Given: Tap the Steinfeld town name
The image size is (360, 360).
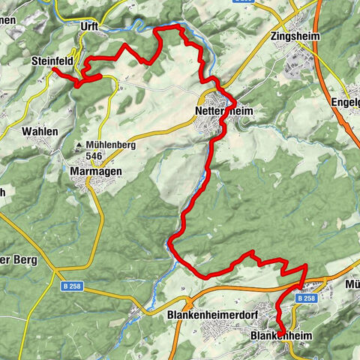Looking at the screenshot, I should tap(51, 61).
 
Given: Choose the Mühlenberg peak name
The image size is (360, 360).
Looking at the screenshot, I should tap(110, 145).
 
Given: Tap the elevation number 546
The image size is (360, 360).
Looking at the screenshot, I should tap(94, 156).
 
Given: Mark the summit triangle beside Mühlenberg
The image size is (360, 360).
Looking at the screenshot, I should tap(78, 145).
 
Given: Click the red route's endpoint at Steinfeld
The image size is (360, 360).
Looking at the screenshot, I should tap(53, 69).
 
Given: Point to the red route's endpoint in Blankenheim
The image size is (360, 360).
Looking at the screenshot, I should tap(279, 334).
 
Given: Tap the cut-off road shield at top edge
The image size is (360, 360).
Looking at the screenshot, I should tap(245, 2).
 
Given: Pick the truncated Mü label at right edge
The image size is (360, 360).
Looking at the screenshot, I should tap(352, 284).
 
